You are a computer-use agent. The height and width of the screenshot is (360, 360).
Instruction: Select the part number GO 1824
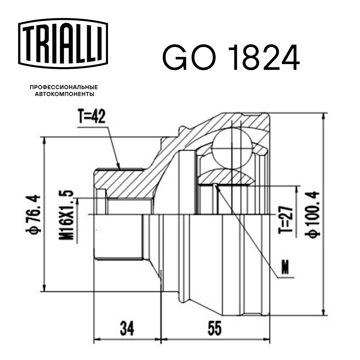[x=231, y=58]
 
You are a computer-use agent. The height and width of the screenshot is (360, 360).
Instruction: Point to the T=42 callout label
[x=91, y=117]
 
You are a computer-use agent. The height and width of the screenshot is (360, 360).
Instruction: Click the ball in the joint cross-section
[x=231, y=148]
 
